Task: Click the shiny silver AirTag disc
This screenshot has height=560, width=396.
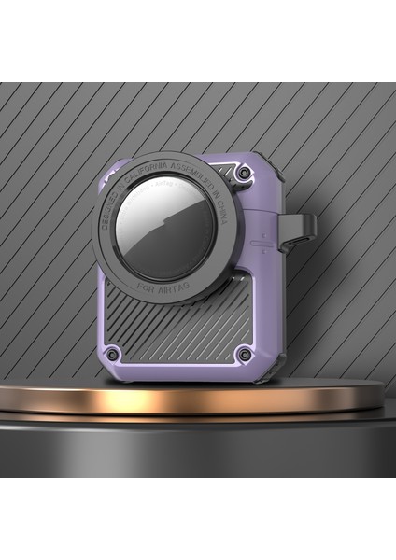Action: coord(169,229)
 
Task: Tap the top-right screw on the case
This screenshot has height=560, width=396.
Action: coord(244,174)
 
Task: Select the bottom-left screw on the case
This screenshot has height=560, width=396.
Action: coord(111,354)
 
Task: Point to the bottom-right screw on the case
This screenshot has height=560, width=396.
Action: coord(245,353)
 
